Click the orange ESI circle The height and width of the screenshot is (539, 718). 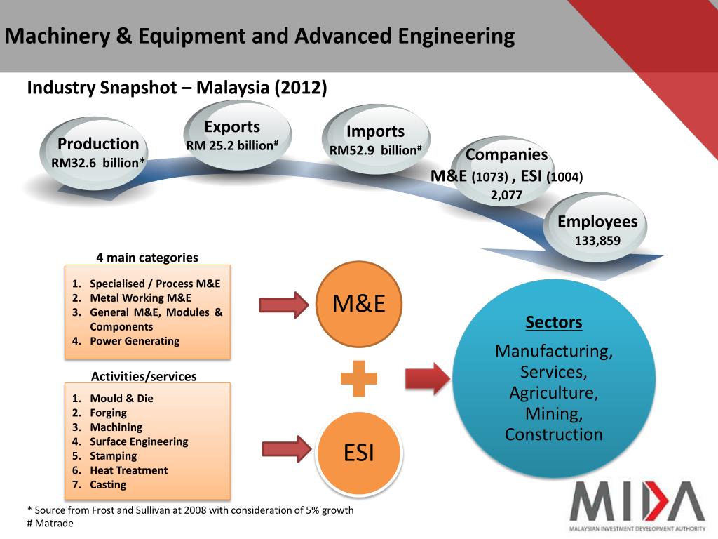coord(359,453)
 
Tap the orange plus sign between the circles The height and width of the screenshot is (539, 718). coord(359,378)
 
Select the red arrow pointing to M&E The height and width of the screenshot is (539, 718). coord(284,305)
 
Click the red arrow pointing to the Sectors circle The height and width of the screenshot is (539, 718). coord(427,378)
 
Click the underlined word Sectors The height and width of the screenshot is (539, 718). coord(554,323)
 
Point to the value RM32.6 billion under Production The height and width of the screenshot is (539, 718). coord(98,163)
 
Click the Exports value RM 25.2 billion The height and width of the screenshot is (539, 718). coord(232,145)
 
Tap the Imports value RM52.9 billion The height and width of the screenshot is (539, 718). coord(375,150)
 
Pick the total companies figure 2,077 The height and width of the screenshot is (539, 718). coord(506,195)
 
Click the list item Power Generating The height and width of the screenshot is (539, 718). coord(134,341)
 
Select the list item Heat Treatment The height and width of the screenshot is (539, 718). coord(128,470)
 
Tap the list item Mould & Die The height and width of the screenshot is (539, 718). coord(121,398)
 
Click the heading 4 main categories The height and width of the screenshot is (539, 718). coord(147,257)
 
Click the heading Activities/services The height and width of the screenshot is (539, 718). coord(145,376)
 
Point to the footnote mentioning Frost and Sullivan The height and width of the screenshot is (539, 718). coord(189,510)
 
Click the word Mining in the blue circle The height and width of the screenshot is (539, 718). coord(554,413)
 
